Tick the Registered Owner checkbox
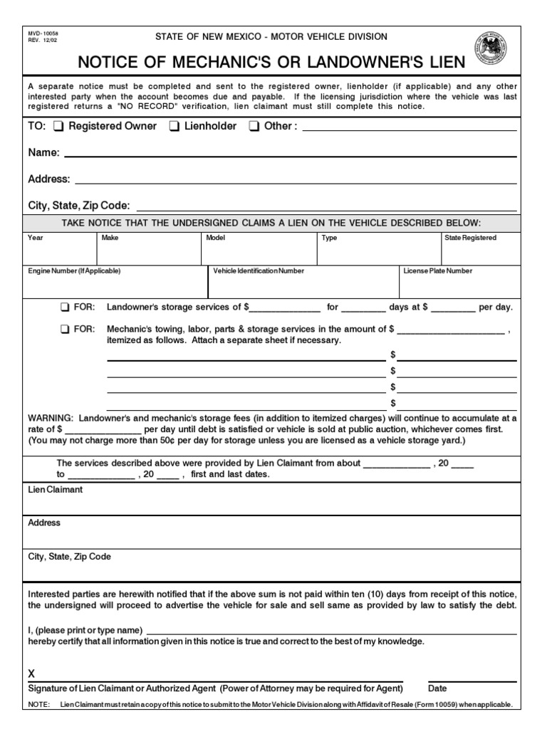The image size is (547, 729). tap(60, 127)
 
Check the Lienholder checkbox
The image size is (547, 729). tap(174, 127)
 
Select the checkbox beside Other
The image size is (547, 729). tap(254, 127)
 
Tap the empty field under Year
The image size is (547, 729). tap(60, 253)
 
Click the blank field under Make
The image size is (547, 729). tap(148, 253)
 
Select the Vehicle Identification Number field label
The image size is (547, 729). tap(259, 271)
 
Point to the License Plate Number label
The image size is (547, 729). tap(437, 271)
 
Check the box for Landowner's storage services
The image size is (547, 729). tap(65, 308)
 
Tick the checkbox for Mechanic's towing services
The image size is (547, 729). tap(65, 329)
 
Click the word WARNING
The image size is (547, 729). tap(50, 419)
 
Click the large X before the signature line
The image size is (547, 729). tap(31, 674)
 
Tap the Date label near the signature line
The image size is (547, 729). tap(437, 689)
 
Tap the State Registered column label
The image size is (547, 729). tap(470, 238)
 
